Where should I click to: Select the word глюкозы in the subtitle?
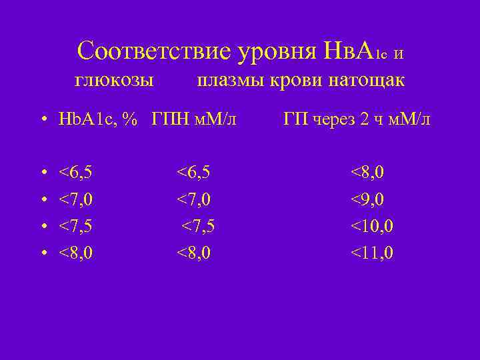coord(114,81)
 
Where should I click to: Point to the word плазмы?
coord(229,81)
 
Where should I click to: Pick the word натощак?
coord(367,81)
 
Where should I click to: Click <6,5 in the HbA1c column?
coord(75,173)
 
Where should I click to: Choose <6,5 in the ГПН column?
coord(193,173)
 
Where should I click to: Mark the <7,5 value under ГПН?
coord(199,227)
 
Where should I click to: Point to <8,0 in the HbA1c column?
coord(75,253)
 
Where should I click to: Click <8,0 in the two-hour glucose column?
coord(367,173)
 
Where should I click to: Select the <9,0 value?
coord(367,200)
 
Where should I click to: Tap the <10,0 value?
coord(372,227)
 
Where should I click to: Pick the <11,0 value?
coord(372,253)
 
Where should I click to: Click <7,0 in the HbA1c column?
coord(75,200)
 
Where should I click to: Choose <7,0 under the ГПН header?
coord(193,200)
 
